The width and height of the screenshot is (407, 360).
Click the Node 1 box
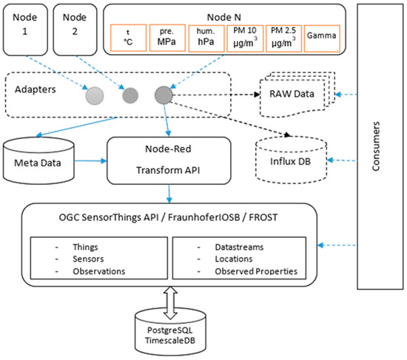(24, 30)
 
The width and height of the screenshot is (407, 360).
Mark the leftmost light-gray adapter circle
(95, 96)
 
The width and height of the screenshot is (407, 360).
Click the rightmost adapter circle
(164, 96)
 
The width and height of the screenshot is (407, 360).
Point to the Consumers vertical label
(377, 146)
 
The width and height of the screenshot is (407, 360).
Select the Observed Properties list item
(255, 271)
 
